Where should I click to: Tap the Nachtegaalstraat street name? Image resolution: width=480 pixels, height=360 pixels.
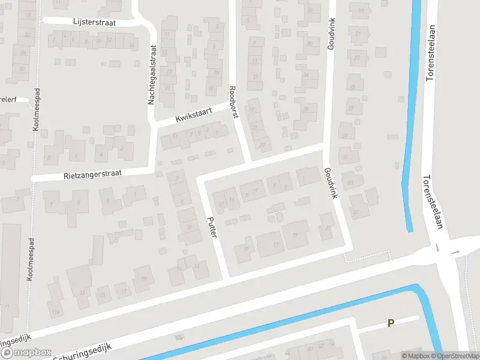(x=152, y=77)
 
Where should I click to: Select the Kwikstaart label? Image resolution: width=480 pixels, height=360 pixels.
(x=194, y=115)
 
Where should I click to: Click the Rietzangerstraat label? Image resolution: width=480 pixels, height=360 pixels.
(x=92, y=175)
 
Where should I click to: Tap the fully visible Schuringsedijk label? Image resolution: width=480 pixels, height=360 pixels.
(x=89, y=348)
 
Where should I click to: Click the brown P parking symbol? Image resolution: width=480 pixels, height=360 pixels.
(x=391, y=323)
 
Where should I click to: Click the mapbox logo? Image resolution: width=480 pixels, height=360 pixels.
(x=25, y=353)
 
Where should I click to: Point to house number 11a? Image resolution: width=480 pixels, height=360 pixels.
(x=55, y=313)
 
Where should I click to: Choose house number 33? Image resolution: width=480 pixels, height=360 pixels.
(x=350, y=182)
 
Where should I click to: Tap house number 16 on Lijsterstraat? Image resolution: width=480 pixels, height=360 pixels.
(x=131, y=45)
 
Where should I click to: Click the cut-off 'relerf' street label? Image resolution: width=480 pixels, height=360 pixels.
(x=8, y=99)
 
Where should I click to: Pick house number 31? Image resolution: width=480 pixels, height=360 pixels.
(x=345, y=157)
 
